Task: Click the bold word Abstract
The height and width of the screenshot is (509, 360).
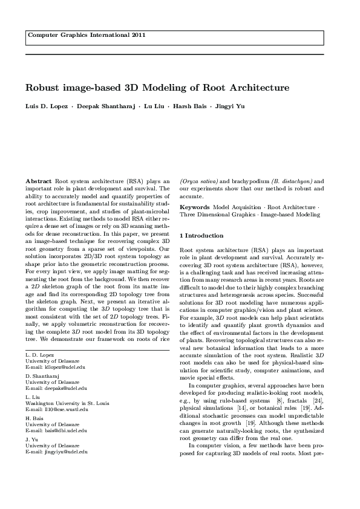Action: point(39,181)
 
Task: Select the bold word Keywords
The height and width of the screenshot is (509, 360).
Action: point(195,207)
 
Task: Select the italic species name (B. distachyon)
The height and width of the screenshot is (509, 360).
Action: point(292,181)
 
